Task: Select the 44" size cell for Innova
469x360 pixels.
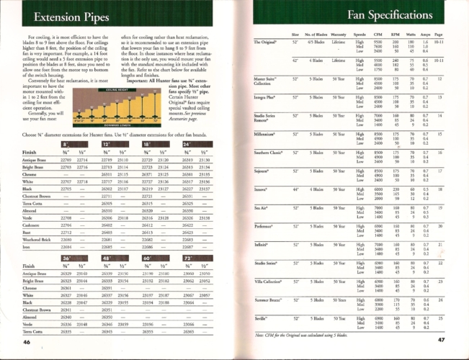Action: tap(295, 189)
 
